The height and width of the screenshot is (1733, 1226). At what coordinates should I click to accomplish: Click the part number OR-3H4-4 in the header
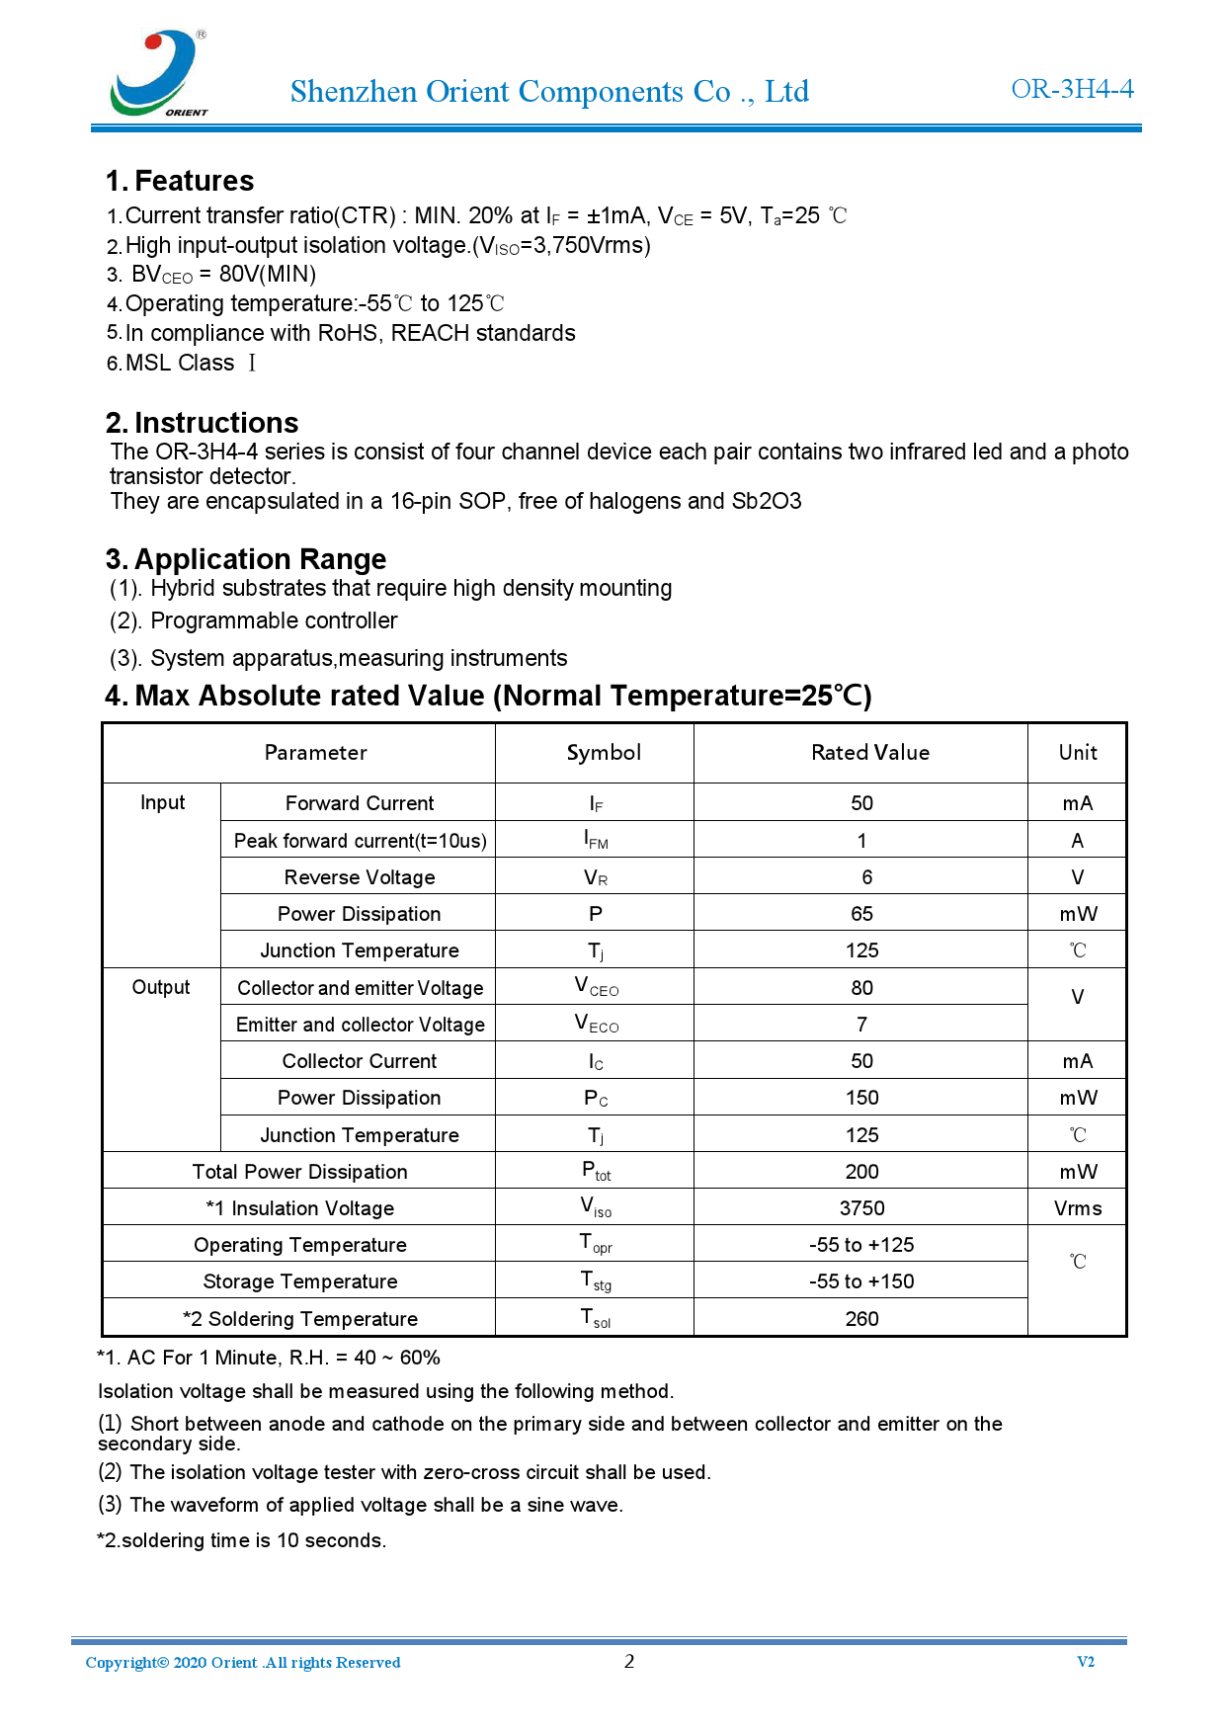point(1072,89)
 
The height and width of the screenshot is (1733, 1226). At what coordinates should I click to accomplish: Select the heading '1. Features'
point(180,181)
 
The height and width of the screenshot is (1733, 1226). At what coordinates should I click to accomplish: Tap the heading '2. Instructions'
point(202,423)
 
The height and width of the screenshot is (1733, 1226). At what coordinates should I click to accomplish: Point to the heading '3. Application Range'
point(246,559)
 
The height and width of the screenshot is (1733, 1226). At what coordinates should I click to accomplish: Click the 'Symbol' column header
point(604,753)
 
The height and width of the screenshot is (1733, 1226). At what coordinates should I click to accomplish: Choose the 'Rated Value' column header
point(869,753)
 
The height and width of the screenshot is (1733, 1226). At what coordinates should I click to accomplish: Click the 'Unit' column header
point(1077,753)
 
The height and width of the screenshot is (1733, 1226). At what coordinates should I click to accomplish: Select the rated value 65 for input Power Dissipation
point(861,914)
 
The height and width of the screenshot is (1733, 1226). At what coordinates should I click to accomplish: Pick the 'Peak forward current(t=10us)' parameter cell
point(360,841)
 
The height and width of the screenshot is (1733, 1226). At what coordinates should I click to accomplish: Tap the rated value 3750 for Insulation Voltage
point(861,1208)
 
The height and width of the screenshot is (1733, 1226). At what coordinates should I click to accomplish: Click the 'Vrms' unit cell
point(1077,1208)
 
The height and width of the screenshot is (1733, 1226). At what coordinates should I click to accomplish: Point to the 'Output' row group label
point(161,987)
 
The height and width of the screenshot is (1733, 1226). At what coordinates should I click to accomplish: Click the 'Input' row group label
point(162,802)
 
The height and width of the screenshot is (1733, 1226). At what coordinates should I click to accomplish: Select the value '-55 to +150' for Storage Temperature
point(861,1281)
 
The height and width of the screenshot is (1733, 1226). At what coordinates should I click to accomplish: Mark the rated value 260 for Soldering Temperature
point(861,1319)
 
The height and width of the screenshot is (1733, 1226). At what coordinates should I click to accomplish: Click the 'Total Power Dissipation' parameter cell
point(299,1172)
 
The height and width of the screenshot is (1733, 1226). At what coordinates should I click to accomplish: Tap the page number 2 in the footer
point(629,1661)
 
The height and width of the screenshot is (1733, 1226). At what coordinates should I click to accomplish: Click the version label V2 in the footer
point(1085,1662)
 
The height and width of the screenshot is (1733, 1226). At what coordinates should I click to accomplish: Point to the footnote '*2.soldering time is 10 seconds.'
point(241,1540)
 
